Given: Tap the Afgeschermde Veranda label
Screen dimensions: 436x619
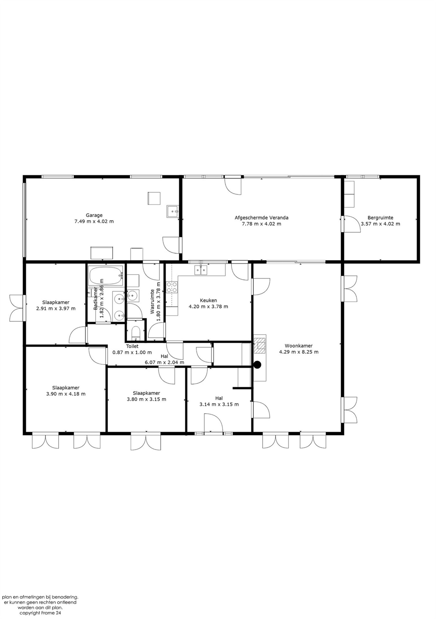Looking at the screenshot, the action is tap(261, 218).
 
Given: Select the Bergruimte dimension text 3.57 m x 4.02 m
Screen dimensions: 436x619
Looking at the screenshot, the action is tap(380, 224).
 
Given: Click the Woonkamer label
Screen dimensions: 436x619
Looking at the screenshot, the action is tap(299, 346).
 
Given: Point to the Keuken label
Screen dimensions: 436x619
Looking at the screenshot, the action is tap(208, 300).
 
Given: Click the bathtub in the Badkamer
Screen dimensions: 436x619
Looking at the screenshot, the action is tap(106, 275).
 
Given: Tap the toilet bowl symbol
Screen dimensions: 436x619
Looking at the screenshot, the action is tap(135, 333).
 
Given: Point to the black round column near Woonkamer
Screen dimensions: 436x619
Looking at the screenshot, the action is tap(258, 365).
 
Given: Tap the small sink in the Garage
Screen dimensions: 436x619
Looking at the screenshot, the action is tap(172, 211).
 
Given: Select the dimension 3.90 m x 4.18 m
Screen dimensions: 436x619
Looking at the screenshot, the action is tap(66, 394).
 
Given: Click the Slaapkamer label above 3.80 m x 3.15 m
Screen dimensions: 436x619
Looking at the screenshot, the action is tap(146, 393).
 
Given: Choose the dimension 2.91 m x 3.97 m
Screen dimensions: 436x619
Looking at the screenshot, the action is tap(56, 308).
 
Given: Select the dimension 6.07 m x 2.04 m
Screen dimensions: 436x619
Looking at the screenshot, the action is tap(164, 362).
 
